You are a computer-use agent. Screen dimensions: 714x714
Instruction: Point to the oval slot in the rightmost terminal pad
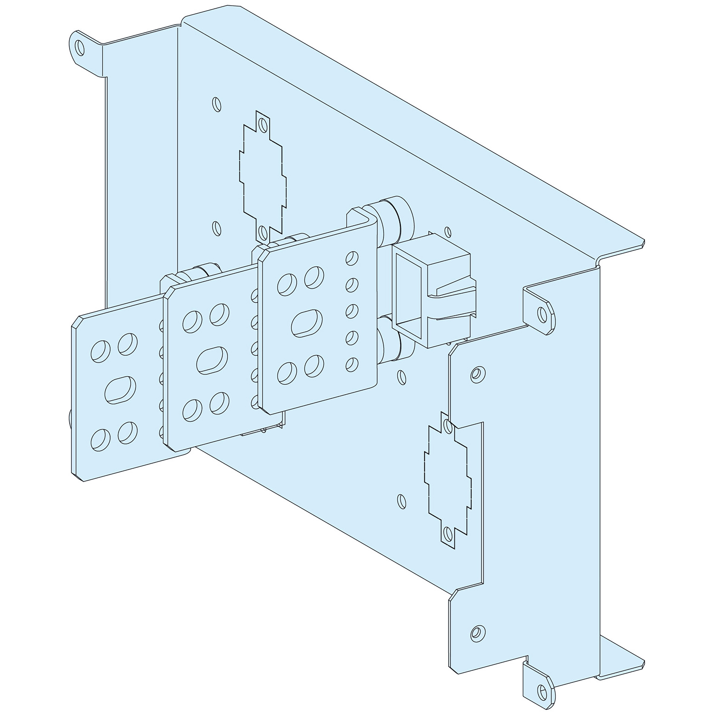(x=306, y=323)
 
